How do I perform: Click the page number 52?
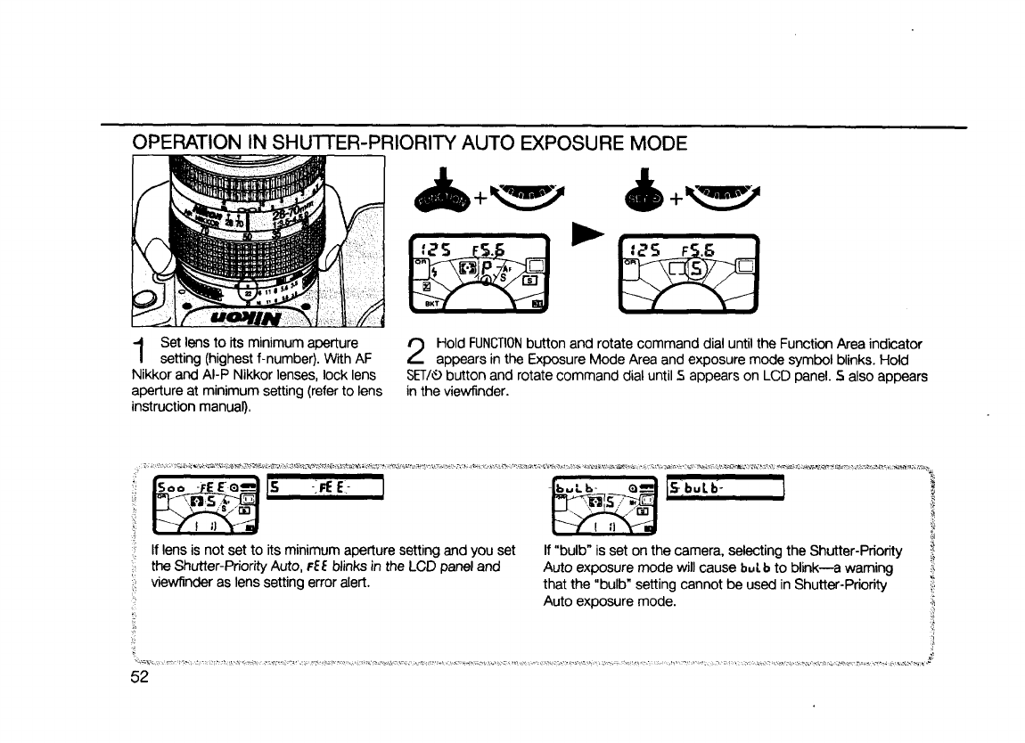pyautogui.click(x=138, y=677)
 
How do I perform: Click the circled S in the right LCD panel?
pyautogui.click(x=693, y=268)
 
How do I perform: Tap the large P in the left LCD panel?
pyautogui.click(x=488, y=267)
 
